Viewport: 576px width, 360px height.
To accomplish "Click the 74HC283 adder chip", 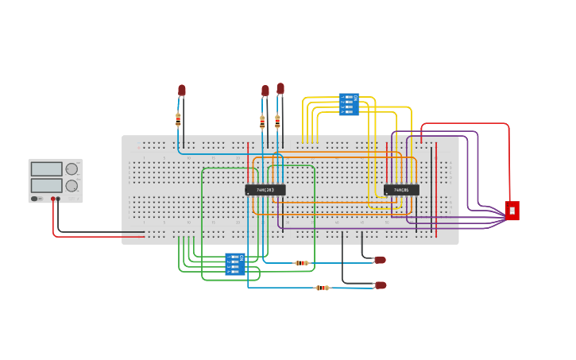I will pyautogui.click(x=265, y=190).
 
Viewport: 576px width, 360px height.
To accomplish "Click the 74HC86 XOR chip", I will pyautogui.click(x=401, y=190).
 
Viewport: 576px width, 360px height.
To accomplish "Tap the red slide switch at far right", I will pyautogui.click(x=512, y=211).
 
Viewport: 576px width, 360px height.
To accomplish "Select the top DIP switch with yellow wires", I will pyautogui.click(x=349, y=104).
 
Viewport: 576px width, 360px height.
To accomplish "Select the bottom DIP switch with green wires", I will pyautogui.click(x=235, y=264).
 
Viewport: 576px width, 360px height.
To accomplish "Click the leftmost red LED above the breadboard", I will pyautogui.click(x=182, y=91).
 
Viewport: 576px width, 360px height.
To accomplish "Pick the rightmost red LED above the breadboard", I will pyautogui.click(x=280, y=88).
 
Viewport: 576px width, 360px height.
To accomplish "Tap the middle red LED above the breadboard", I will pyautogui.click(x=265, y=91).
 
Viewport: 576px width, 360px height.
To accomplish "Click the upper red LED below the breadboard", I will pyautogui.click(x=380, y=260).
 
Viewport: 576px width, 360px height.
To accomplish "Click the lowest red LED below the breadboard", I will pyautogui.click(x=381, y=285).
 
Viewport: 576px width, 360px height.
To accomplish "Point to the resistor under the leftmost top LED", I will pyautogui.click(x=178, y=119).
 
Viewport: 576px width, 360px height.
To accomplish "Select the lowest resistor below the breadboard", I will pyautogui.click(x=322, y=288).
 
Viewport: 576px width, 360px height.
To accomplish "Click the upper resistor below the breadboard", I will pyautogui.click(x=301, y=263).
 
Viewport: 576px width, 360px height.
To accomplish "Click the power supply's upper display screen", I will pyautogui.click(x=46, y=169).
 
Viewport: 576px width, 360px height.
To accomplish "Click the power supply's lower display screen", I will pyautogui.click(x=46, y=185).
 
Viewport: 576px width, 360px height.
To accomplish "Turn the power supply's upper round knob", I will pyautogui.click(x=72, y=169).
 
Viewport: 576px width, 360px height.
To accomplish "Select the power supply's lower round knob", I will pyautogui.click(x=72, y=186).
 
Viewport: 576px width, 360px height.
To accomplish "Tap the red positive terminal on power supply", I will pyautogui.click(x=53, y=199).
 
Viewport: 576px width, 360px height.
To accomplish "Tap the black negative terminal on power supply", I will pyautogui.click(x=59, y=199).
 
